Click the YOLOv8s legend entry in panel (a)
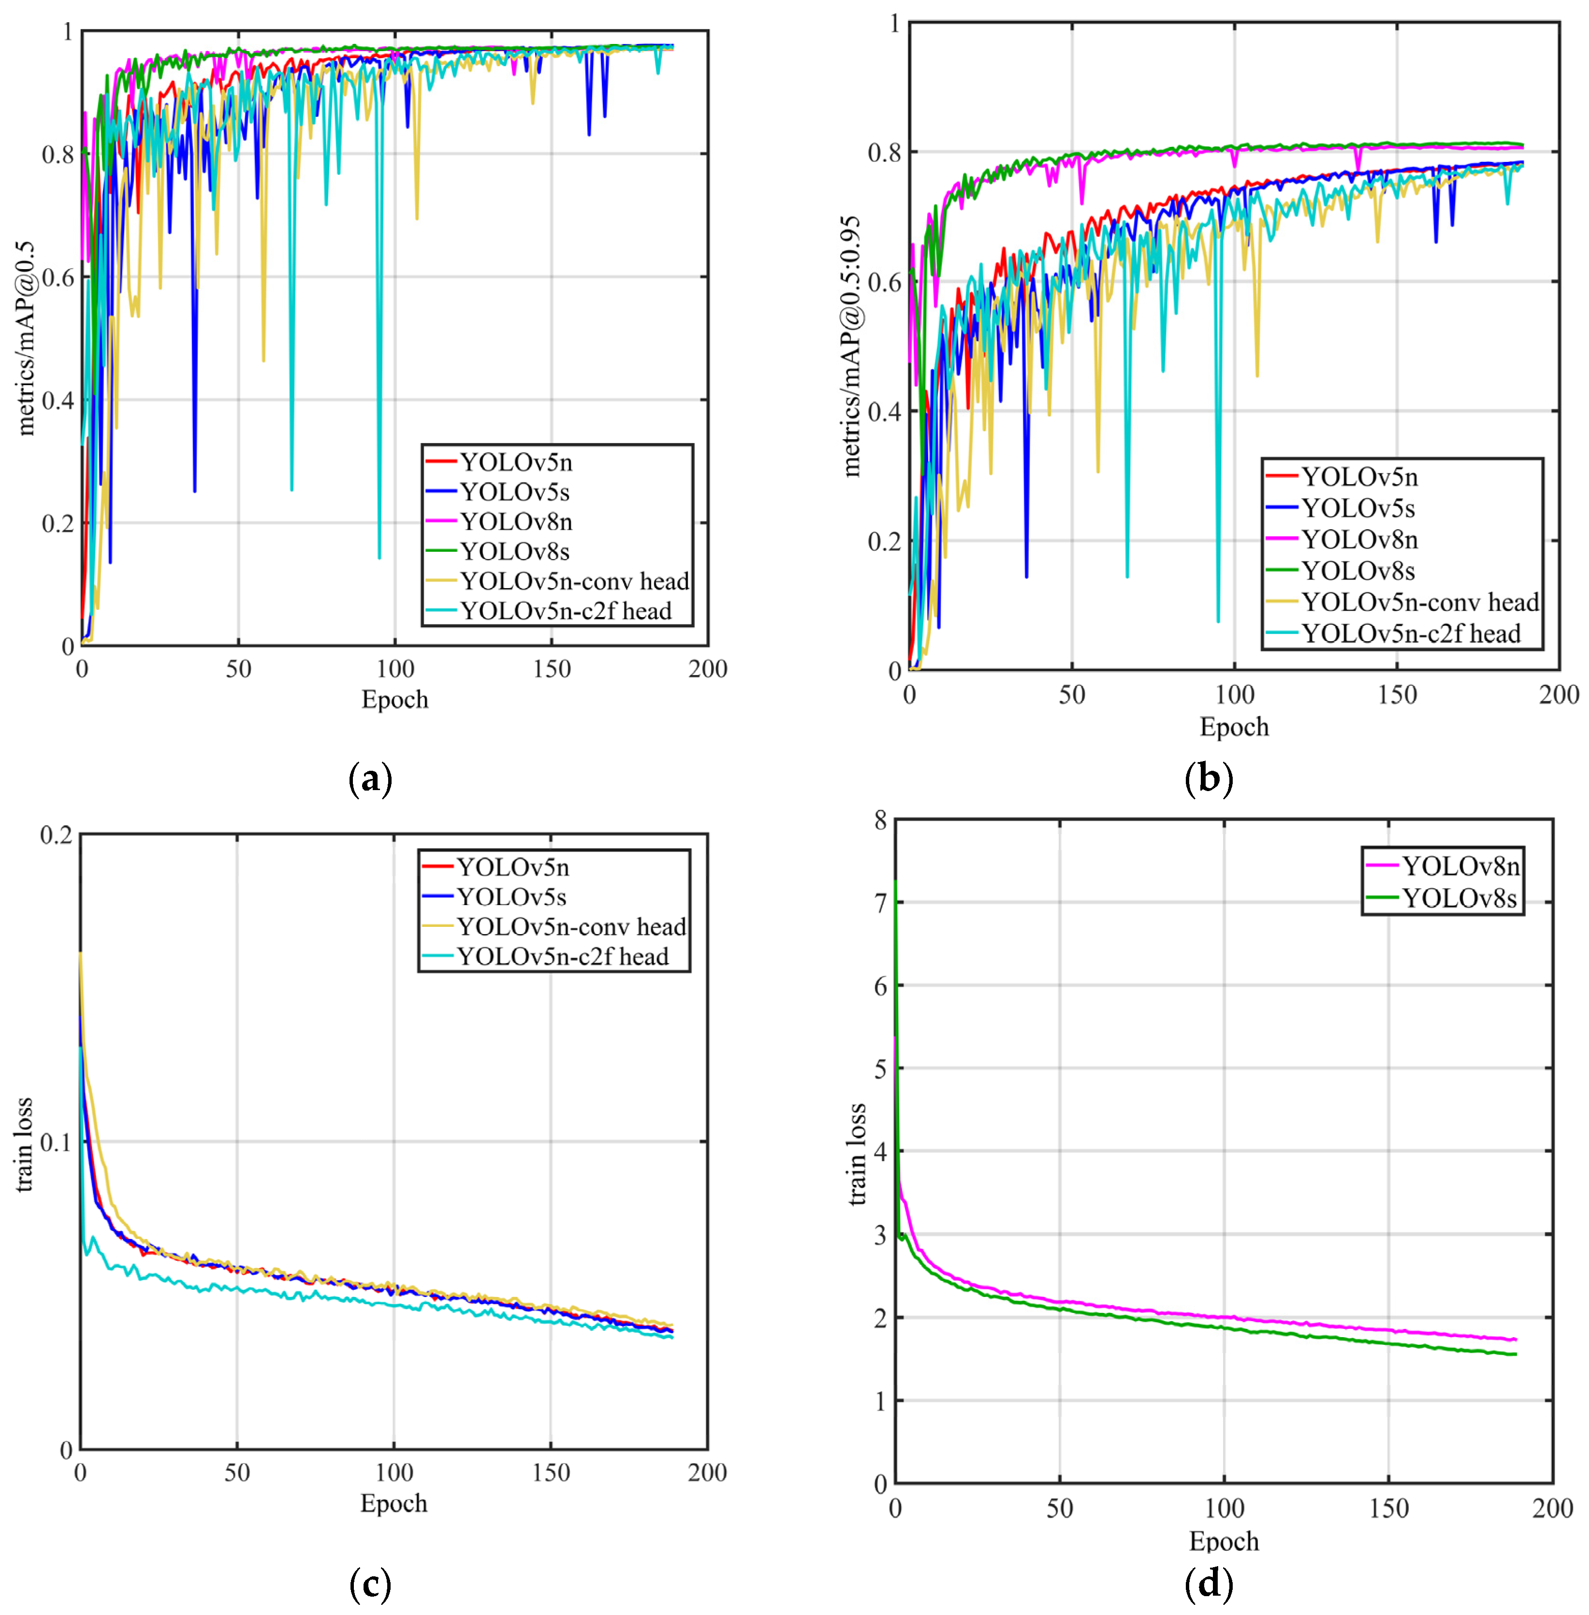pos(515,551)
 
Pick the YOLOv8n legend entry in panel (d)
pos(1460,866)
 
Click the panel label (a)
pos(370,779)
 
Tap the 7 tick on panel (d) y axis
pos(880,903)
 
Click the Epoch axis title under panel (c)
pos(393,1503)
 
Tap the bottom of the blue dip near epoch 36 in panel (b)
pos(1026,576)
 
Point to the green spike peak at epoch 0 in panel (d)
pos(895,882)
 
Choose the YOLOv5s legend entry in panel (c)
pos(511,897)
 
